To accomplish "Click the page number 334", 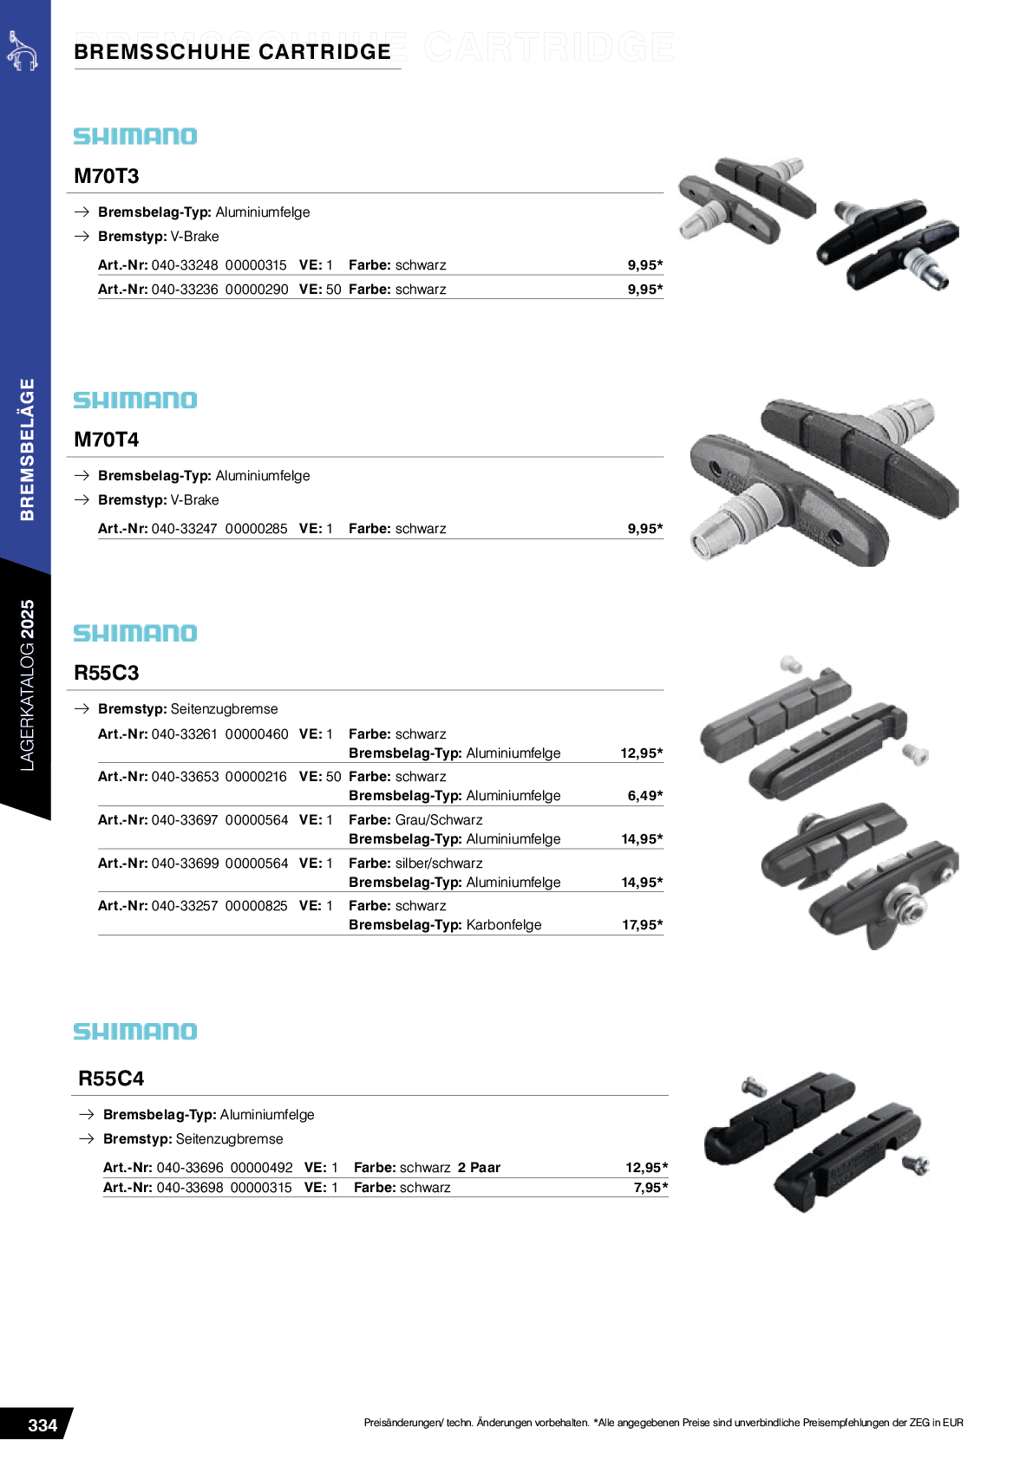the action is click(x=42, y=1424).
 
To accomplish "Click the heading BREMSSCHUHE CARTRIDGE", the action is click(x=232, y=51).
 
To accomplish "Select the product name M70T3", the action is click(x=107, y=176).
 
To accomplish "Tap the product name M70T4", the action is click(x=107, y=440).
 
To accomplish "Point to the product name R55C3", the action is click(x=107, y=673).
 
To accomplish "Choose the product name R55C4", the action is click(x=111, y=1078).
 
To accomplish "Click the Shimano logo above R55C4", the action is click(x=135, y=1031).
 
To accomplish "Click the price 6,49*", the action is click(x=645, y=795).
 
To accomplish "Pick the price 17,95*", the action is click(x=643, y=924).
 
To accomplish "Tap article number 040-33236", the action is click(x=185, y=290).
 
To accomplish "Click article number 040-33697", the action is click(x=185, y=820).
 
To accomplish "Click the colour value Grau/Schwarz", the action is click(x=439, y=820).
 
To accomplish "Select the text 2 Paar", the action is click(x=479, y=1167).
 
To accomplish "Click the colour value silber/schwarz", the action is click(x=439, y=863).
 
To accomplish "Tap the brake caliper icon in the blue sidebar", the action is click(x=23, y=50).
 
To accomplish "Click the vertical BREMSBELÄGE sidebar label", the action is click(x=27, y=449).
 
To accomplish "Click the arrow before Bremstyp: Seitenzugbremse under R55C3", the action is click(x=82, y=708).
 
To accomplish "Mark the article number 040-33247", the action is click(x=184, y=529).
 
